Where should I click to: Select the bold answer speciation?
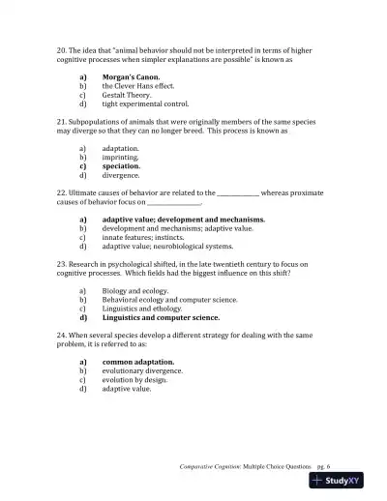coord(122,165)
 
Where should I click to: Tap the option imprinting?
coord(121,157)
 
